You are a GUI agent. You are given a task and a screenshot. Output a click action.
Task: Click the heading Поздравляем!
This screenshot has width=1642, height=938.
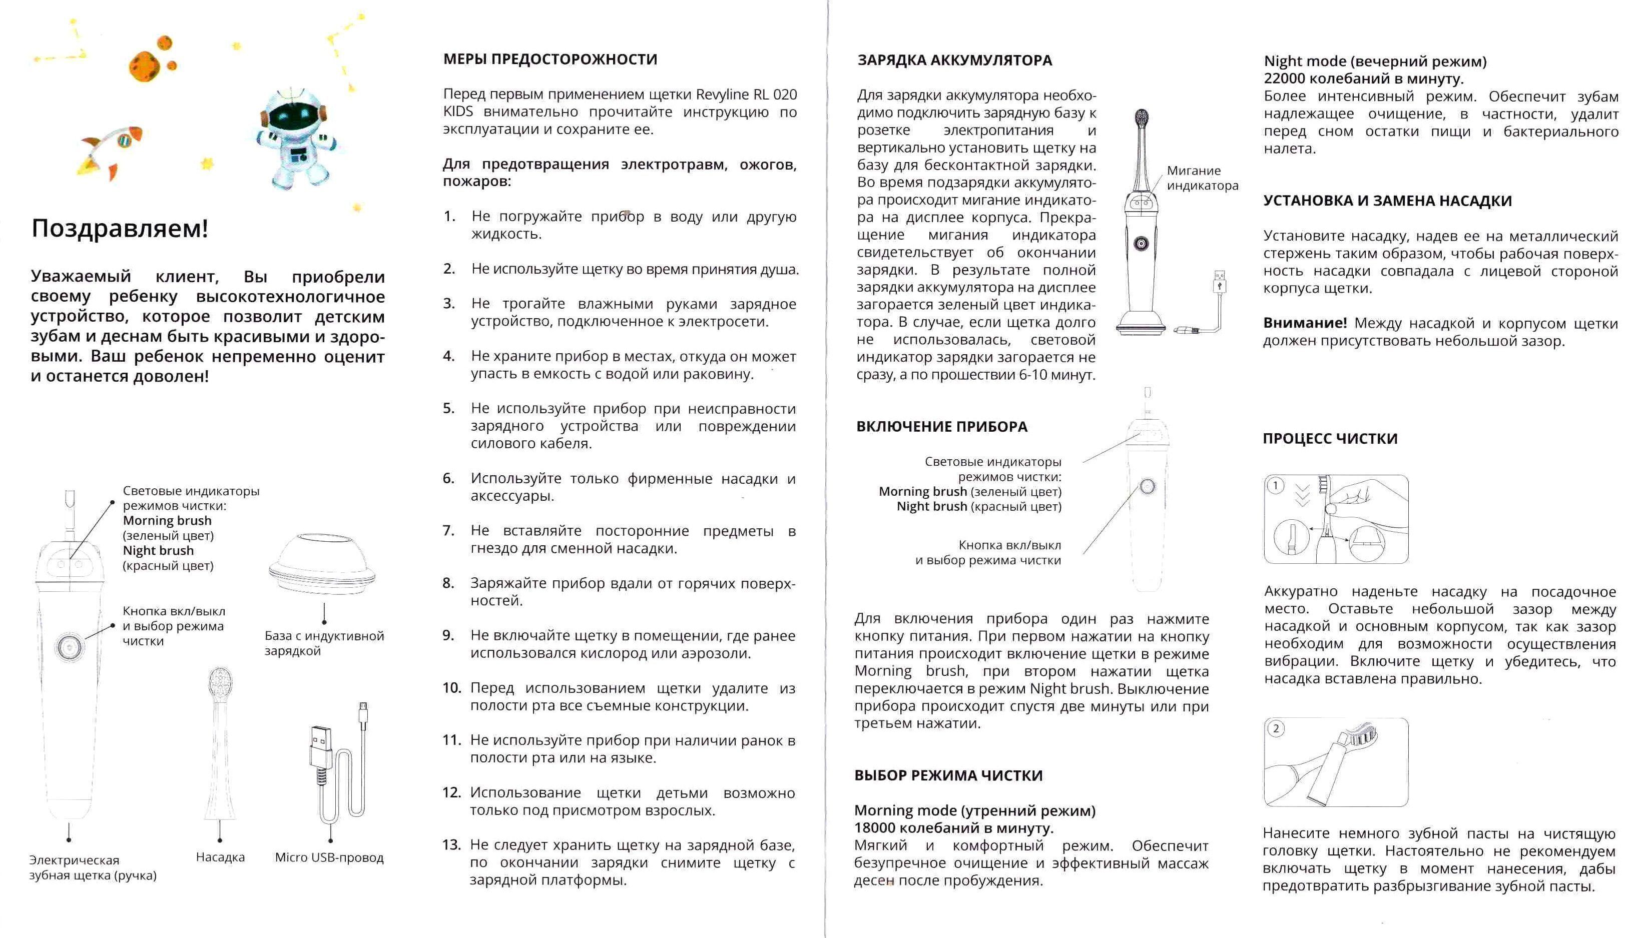120,229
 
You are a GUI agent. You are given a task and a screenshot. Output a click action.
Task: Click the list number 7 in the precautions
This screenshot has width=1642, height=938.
448,531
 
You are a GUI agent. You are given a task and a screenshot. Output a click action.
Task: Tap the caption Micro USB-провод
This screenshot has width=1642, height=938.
329,857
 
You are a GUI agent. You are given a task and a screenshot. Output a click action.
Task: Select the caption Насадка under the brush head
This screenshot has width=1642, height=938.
220,857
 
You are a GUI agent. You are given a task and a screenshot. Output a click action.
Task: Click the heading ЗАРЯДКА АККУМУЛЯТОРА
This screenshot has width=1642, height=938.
954,61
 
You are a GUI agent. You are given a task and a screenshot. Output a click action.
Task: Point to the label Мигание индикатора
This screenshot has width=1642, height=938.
1202,178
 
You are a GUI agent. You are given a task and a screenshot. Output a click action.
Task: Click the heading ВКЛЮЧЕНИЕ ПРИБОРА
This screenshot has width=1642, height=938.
941,427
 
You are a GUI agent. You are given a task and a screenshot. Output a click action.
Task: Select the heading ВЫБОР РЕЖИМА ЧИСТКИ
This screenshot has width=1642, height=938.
948,775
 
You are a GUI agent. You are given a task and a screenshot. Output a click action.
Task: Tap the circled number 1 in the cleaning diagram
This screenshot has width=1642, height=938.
1275,486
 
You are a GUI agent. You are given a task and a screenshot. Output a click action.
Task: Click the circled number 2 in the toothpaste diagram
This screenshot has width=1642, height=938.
1275,728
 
